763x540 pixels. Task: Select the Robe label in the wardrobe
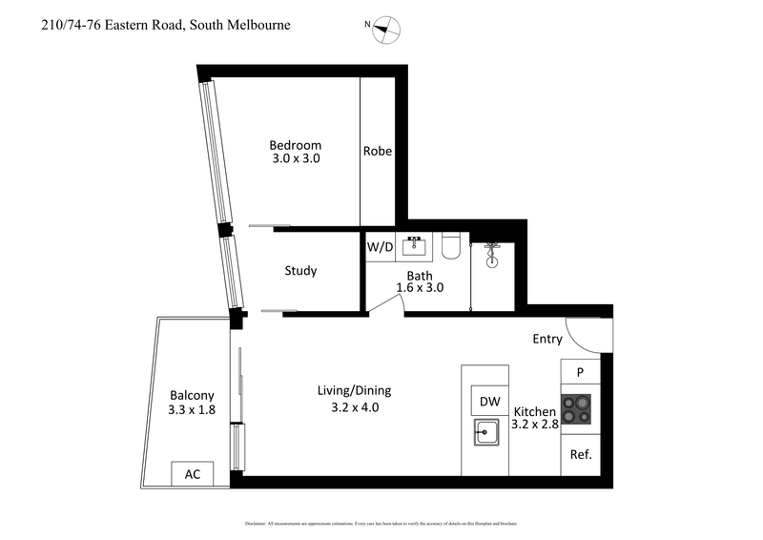(x=378, y=151)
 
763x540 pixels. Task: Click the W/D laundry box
(x=380, y=247)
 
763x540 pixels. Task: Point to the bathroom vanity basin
(x=415, y=246)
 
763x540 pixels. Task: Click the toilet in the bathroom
(x=453, y=247)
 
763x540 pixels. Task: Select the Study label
(x=300, y=271)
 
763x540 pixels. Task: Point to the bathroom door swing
(x=385, y=303)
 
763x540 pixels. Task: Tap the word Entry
(x=548, y=339)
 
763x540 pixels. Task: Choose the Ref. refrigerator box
(x=581, y=455)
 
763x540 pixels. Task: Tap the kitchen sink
(x=485, y=433)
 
